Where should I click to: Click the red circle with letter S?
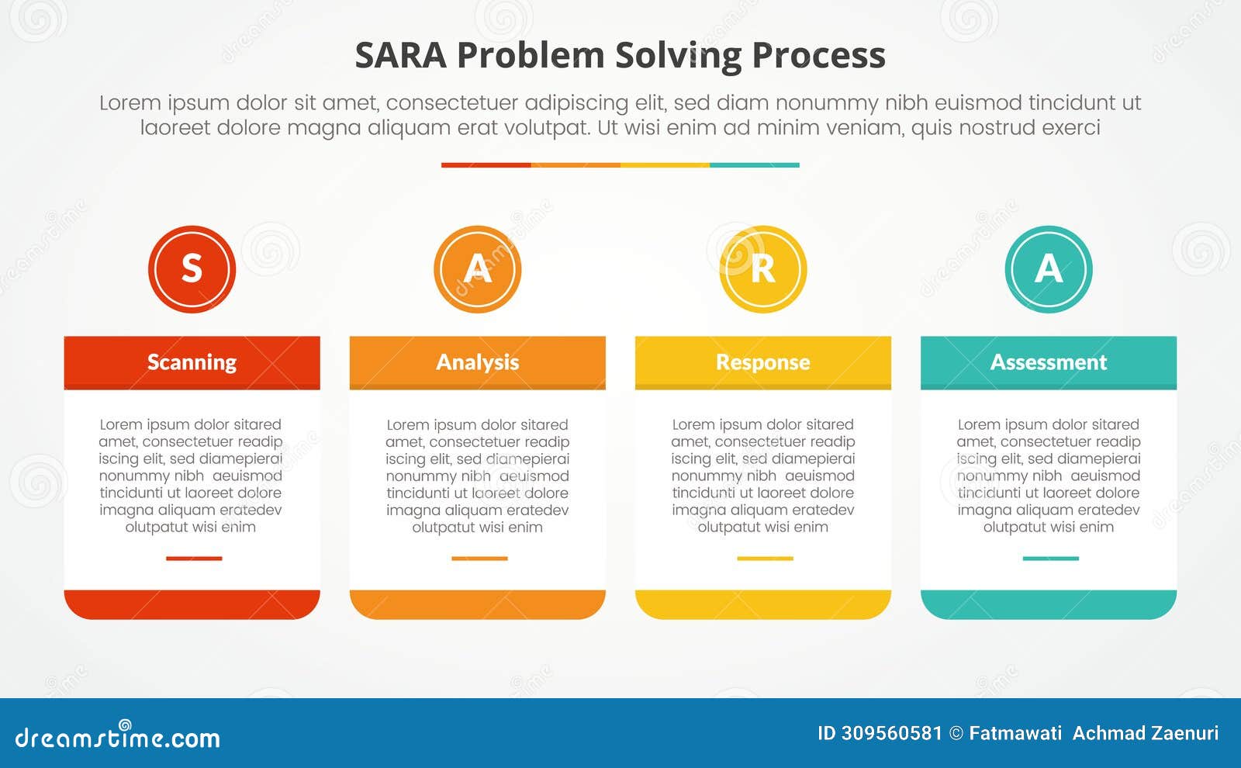[x=192, y=269]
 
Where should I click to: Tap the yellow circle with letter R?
[x=762, y=269]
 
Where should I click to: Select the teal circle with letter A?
[x=1048, y=269]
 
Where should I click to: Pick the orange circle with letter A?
[x=477, y=269]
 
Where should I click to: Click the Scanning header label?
[x=192, y=362]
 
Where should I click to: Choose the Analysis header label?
[x=477, y=362]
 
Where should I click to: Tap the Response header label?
[x=762, y=362]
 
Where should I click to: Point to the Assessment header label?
[x=1048, y=362]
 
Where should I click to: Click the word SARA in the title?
[x=400, y=56]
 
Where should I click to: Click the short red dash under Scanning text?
[x=194, y=558]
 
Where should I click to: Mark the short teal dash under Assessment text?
[x=1050, y=558]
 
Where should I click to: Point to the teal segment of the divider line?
[x=754, y=165]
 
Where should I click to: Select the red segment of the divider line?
[x=486, y=165]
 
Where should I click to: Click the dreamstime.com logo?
[x=118, y=737]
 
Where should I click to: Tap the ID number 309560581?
[x=891, y=733]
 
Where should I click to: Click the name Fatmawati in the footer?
[x=1015, y=733]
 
